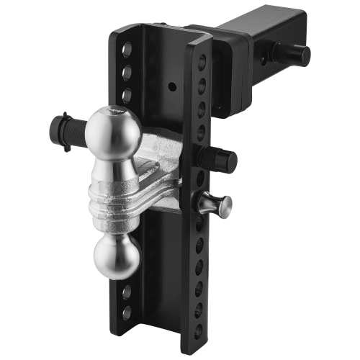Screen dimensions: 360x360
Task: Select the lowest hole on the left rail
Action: (126, 313)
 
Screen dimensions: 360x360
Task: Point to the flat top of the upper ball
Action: (116, 111)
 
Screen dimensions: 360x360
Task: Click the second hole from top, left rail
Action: (127, 73)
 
